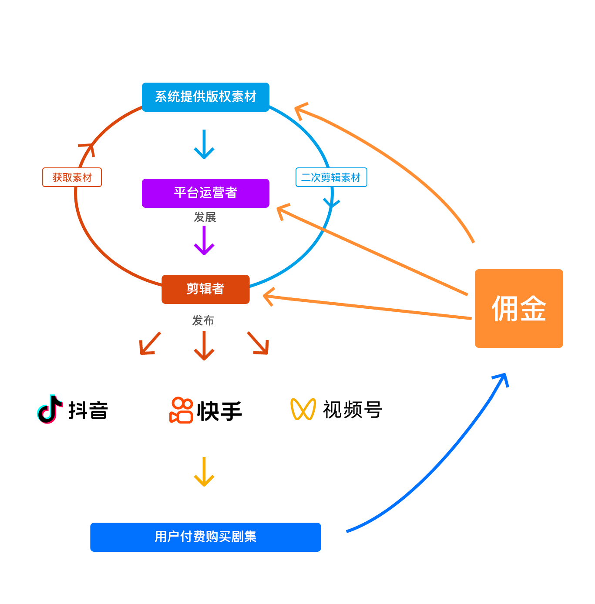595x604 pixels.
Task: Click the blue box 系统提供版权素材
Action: (x=205, y=97)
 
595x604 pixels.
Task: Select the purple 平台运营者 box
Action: (x=205, y=193)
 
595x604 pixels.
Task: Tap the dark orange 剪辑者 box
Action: (x=205, y=289)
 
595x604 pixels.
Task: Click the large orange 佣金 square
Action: (x=519, y=308)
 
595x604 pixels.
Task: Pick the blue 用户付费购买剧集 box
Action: (x=205, y=537)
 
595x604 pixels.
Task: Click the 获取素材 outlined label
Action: (x=72, y=177)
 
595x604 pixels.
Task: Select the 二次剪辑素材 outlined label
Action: (x=331, y=177)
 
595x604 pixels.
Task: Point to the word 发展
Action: (x=205, y=217)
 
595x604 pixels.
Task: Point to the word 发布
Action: (x=203, y=320)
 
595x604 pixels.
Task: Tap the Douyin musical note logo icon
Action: (x=49, y=409)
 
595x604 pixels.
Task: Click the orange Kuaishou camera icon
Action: (x=181, y=410)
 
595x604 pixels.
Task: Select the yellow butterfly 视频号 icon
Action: (x=303, y=409)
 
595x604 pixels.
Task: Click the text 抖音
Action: (x=88, y=410)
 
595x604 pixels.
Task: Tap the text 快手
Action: (x=219, y=411)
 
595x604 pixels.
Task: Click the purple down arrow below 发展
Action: (x=204, y=242)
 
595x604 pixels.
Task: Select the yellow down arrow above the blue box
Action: (x=204, y=473)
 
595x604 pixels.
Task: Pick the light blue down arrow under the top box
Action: (x=204, y=145)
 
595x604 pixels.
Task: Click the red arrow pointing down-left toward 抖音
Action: (x=149, y=344)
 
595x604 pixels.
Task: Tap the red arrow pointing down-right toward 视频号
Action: (x=259, y=344)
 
